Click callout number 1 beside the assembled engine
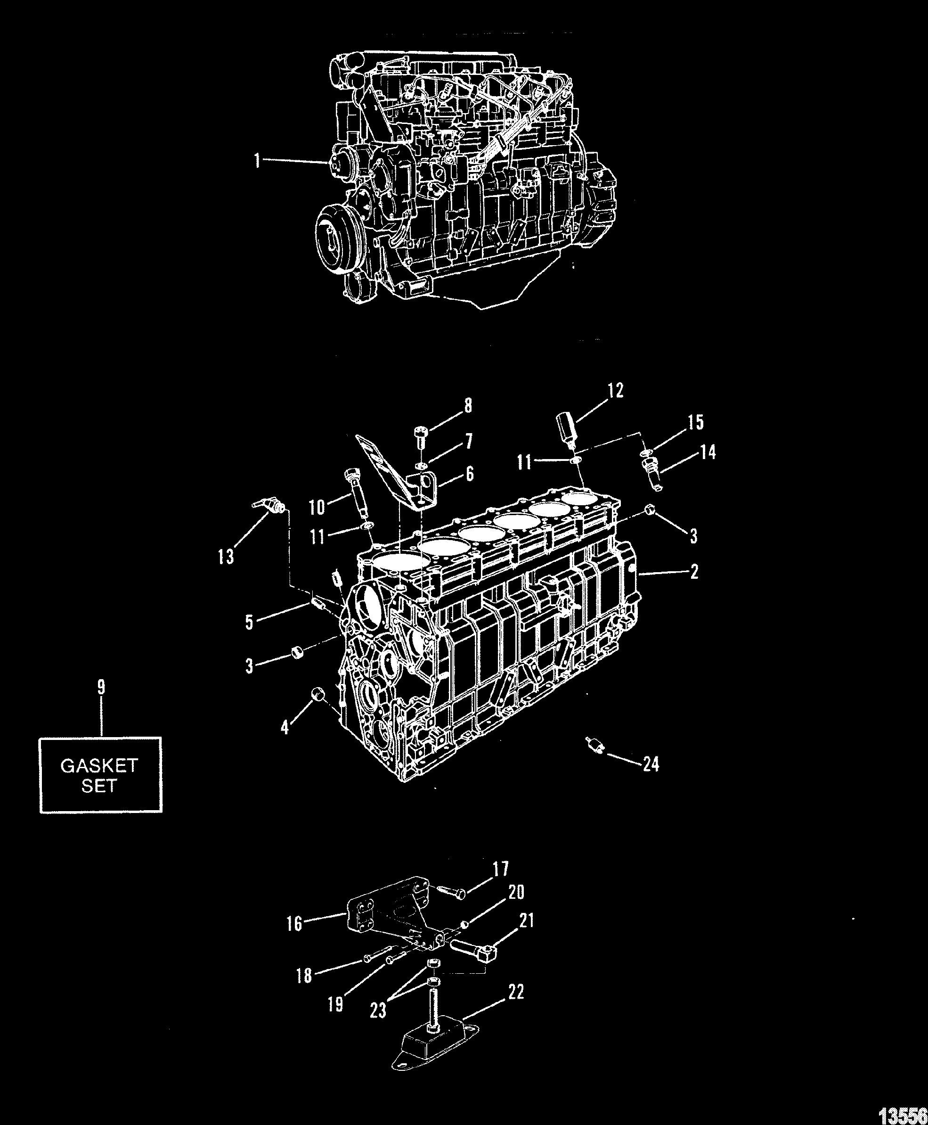click(x=258, y=160)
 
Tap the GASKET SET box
click(x=100, y=775)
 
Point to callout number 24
click(x=651, y=764)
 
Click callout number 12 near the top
click(x=615, y=390)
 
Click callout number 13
click(x=226, y=557)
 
